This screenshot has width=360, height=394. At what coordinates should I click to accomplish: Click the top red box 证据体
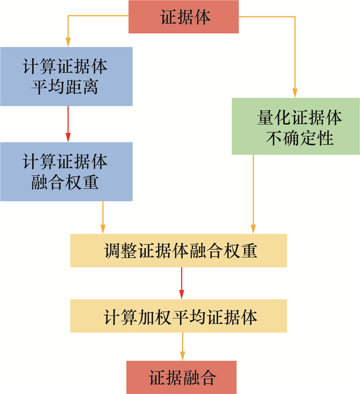pos(183,17)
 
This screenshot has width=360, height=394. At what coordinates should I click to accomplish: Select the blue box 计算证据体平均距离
pos(66,77)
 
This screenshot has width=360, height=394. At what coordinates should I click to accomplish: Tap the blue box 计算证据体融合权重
pos(66,171)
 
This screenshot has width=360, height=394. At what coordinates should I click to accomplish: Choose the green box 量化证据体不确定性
pos(295,126)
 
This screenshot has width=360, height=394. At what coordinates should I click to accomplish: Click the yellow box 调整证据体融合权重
pos(178,251)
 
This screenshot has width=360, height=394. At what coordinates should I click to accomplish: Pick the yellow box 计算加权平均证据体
pos(178,316)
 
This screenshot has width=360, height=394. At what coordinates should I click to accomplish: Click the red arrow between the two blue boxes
pos(67,123)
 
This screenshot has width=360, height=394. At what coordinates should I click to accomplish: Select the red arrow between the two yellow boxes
pos(182,283)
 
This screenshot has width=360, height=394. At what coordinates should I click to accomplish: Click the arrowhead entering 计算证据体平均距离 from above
pos(67,42)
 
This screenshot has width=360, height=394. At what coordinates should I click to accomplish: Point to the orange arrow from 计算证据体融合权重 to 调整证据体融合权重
pos(103,216)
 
